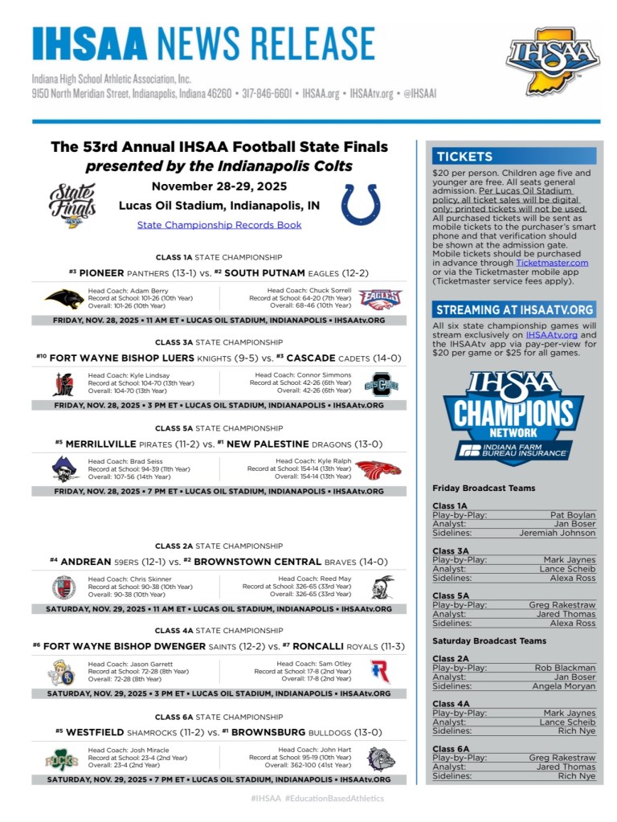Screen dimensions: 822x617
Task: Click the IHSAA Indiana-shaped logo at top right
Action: point(552,60)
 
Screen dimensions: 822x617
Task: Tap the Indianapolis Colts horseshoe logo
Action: point(360,204)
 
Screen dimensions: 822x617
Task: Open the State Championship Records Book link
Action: point(219,225)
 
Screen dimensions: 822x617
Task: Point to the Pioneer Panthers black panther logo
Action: point(64,299)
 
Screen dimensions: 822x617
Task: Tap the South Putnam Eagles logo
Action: point(380,300)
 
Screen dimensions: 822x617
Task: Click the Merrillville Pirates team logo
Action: point(64,469)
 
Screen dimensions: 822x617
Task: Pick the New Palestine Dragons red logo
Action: point(378,469)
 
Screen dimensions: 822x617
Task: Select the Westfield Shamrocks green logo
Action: point(62,759)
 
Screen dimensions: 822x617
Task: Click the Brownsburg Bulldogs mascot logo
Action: point(382,759)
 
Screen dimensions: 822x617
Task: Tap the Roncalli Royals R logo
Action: point(380,672)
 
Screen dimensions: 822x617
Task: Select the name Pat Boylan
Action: point(573,515)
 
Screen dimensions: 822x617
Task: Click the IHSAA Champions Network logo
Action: point(514,418)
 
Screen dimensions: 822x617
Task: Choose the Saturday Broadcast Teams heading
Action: point(488,641)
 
